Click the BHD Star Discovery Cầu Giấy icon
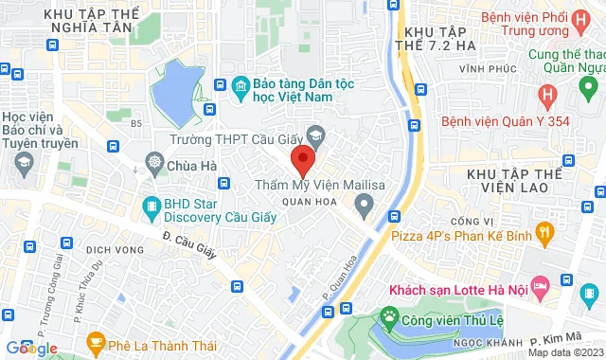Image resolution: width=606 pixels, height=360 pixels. point(151,204)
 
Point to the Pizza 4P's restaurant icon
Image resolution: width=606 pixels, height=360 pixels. point(544,229)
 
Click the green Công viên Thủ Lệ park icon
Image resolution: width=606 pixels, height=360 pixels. point(388,315)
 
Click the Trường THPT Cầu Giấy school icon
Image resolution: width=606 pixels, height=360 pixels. point(316,138)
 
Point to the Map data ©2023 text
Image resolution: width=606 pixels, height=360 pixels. point(564,352)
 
